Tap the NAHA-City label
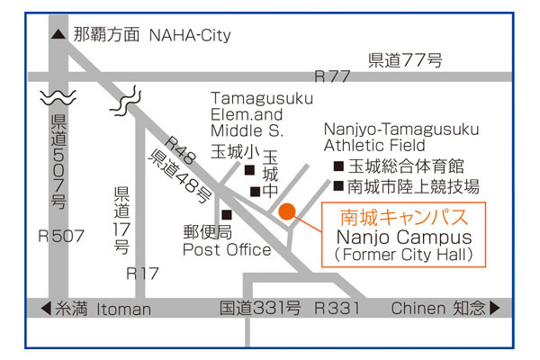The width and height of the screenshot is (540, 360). pyautogui.click(x=190, y=36)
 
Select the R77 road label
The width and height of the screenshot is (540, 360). pyautogui.click(x=331, y=76)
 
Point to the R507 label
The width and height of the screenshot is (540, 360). pyautogui.click(x=60, y=237)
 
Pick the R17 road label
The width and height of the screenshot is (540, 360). pyautogui.click(x=144, y=272)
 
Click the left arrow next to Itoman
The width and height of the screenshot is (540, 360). pyautogui.click(x=45, y=309)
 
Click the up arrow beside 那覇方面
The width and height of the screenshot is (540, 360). pyautogui.click(x=58, y=36)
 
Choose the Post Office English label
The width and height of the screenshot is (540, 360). pyautogui.click(x=227, y=249)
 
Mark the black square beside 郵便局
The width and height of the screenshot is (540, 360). pyautogui.click(x=227, y=214)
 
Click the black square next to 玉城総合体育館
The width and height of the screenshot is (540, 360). pyautogui.click(x=337, y=166)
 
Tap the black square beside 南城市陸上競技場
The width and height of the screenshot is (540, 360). pyautogui.click(x=337, y=187)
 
